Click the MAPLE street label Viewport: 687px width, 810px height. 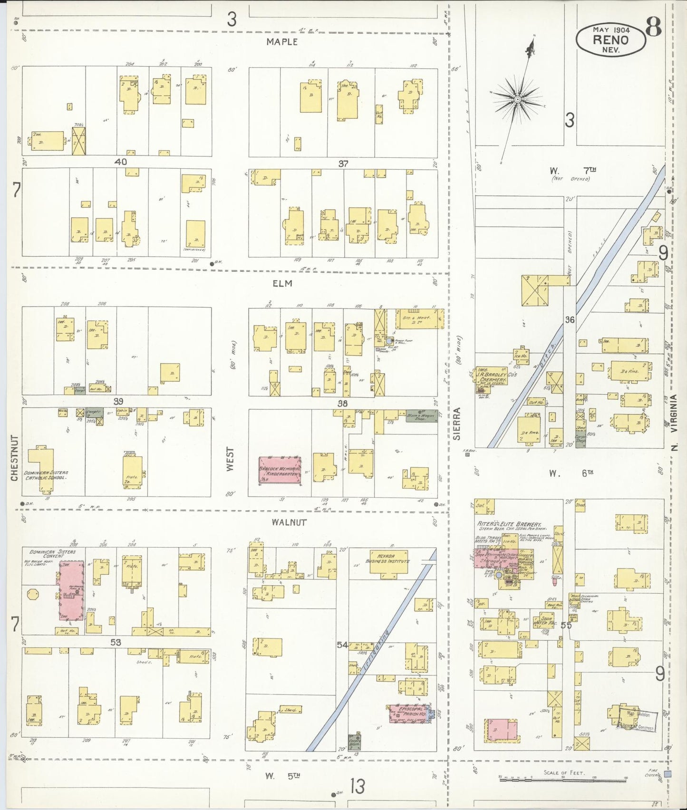(x=282, y=42)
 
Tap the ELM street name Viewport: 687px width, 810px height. (x=282, y=283)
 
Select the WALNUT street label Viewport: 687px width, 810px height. (x=289, y=522)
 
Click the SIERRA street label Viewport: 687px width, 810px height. (x=457, y=423)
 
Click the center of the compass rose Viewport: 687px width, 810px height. (x=517, y=99)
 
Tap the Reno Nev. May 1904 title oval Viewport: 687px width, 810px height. (x=610, y=39)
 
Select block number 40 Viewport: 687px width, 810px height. (x=121, y=162)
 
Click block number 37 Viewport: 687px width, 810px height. (x=343, y=164)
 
